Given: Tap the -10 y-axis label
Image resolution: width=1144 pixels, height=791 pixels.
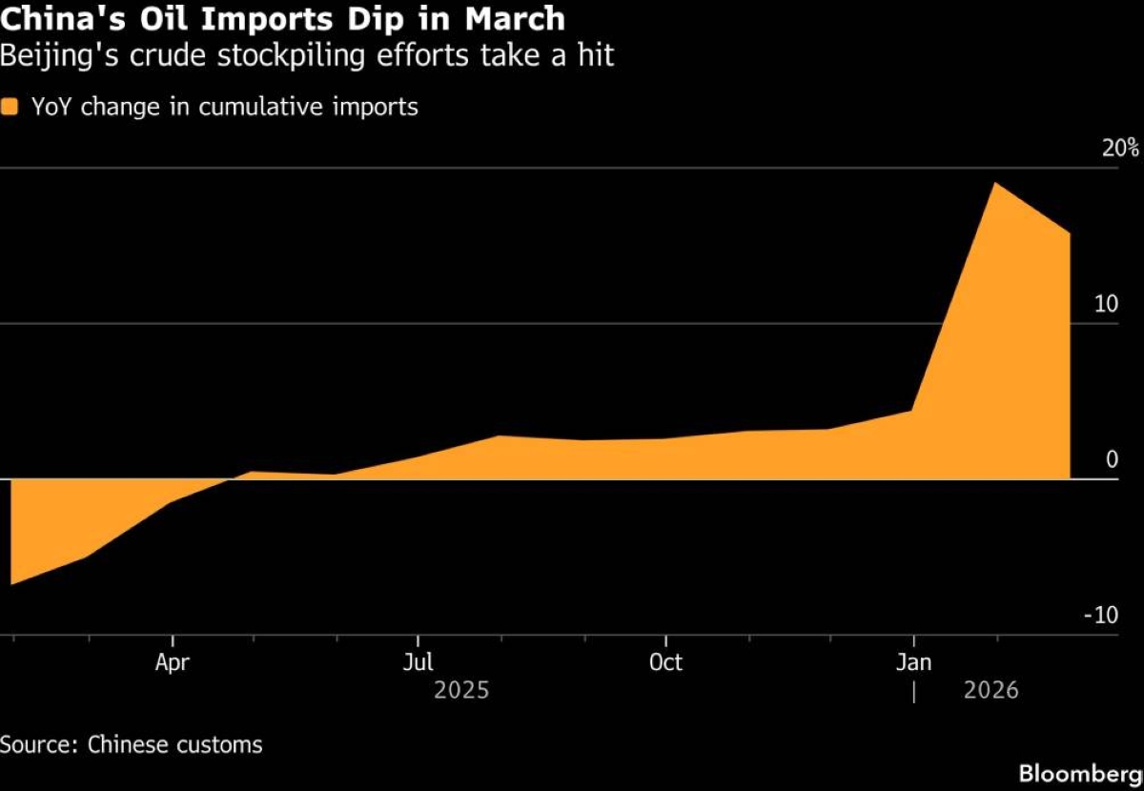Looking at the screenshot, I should (x=1100, y=617).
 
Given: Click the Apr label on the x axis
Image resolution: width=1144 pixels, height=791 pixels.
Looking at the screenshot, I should (x=172, y=662).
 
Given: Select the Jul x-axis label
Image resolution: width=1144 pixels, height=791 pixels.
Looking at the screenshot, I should (x=418, y=662).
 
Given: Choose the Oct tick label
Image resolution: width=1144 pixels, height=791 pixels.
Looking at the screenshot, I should (x=665, y=662).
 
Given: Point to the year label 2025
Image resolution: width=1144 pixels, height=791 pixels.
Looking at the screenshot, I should (x=461, y=690).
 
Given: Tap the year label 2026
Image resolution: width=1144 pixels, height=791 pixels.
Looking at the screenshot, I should (x=991, y=690).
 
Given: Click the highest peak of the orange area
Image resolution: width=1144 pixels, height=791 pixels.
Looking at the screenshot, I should (x=995, y=183).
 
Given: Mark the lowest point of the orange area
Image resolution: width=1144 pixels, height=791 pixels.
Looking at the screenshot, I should (x=11, y=583).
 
